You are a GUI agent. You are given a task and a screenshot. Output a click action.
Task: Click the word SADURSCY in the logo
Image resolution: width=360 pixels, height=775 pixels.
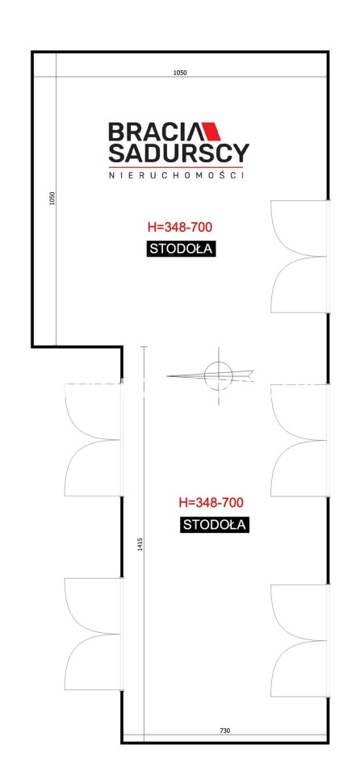[x=178, y=153]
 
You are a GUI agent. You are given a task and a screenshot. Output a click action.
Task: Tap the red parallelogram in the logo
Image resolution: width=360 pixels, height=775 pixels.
[x=212, y=132]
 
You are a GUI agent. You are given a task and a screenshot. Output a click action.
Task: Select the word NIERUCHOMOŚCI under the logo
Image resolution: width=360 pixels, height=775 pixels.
[x=177, y=175]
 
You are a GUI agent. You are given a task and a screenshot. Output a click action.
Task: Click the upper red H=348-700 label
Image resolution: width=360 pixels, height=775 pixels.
[x=180, y=228]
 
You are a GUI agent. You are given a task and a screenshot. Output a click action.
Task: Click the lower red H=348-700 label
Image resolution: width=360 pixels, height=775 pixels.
[x=211, y=503]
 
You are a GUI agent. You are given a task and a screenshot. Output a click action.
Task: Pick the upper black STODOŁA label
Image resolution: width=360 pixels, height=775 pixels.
[x=182, y=249]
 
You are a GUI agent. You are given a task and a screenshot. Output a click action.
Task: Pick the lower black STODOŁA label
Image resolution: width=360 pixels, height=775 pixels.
[x=214, y=525]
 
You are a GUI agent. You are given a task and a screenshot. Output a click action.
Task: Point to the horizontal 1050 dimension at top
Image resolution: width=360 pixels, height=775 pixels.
[x=180, y=73]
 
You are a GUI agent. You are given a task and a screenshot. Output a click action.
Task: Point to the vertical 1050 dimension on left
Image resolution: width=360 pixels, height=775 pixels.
[x=53, y=199]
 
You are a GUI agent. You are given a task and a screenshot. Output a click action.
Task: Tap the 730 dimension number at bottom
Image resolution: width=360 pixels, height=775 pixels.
[x=225, y=730]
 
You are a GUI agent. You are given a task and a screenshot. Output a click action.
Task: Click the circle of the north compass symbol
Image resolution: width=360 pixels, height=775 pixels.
[x=218, y=375]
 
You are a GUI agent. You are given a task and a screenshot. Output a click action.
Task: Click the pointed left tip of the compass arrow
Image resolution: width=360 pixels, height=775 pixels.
[x=167, y=377]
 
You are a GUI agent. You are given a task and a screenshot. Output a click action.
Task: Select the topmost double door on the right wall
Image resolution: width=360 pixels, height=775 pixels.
[x=299, y=257]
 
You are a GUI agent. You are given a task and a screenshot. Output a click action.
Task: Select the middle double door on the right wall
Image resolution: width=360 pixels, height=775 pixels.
[x=299, y=441]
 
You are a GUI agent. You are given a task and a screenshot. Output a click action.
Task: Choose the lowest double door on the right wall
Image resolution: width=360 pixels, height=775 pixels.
[x=299, y=640]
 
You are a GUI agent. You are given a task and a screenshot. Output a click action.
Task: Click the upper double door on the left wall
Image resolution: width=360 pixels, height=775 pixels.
[x=94, y=440]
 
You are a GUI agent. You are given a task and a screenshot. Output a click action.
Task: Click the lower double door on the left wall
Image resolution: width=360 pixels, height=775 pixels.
[x=94, y=635]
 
